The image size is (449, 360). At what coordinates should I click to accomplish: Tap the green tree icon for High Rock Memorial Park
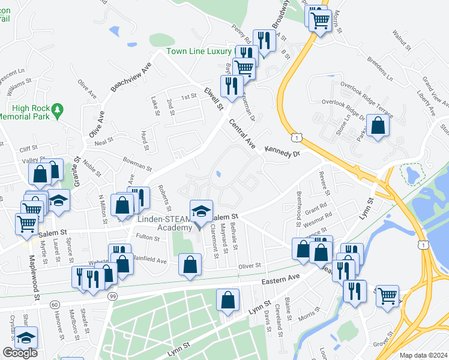click(x=58, y=109)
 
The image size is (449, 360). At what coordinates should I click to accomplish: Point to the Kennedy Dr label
click(x=282, y=154)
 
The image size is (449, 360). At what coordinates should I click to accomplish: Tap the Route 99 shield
click(x=112, y=296)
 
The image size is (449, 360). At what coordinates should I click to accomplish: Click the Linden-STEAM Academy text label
click(x=163, y=223)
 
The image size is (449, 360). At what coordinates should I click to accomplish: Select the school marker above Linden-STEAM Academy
click(x=200, y=211)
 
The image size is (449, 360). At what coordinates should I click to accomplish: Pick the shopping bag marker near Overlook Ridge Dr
click(x=378, y=126)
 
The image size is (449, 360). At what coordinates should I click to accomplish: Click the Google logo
click(x=20, y=353)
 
